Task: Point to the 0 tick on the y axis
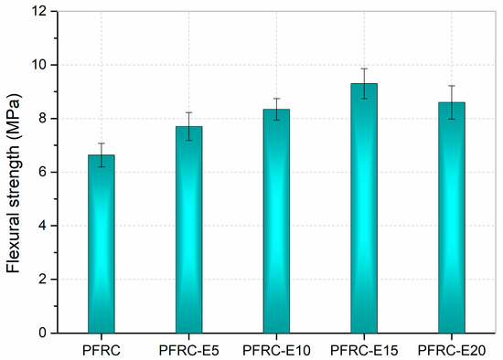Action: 44,334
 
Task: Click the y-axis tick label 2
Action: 44,280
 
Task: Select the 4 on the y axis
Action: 44,226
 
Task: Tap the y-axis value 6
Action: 44,172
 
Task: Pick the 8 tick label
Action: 44,119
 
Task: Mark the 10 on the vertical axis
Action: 41,65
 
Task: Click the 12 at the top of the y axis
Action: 41,12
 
